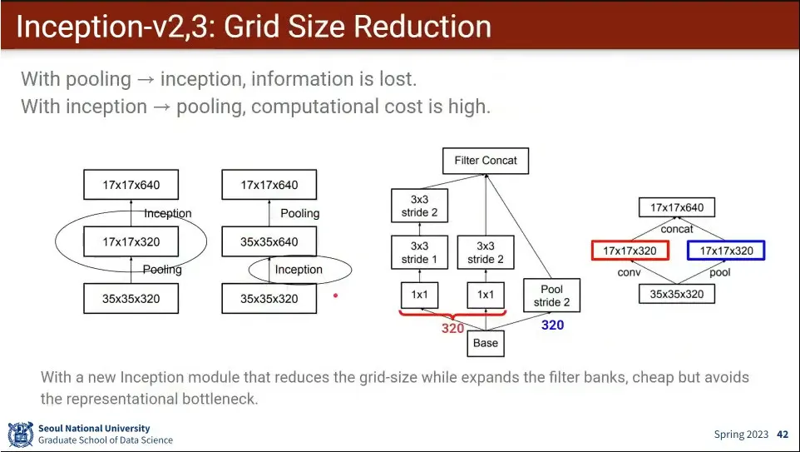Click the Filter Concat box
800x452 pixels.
tap(486, 161)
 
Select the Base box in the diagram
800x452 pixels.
tap(486, 342)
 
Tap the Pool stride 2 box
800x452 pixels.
tap(551, 296)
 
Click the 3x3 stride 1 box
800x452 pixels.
tap(419, 252)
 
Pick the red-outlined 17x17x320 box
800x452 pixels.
tap(630, 251)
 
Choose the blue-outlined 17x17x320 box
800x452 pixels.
tap(726, 251)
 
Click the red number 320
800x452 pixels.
tap(452, 329)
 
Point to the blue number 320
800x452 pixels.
tap(552, 325)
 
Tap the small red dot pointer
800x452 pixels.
tap(335, 295)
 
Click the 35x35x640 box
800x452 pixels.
tap(269, 242)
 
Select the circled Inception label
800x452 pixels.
tap(299, 270)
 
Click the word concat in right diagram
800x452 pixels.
tap(677, 229)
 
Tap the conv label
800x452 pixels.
tap(629, 272)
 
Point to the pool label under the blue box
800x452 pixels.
tap(720, 272)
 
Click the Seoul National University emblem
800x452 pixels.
tap(20, 435)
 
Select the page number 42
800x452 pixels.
tap(783, 435)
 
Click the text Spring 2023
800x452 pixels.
tap(741, 435)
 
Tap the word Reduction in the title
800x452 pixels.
tap(422, 27)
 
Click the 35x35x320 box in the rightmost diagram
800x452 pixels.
tap(677, 294)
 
